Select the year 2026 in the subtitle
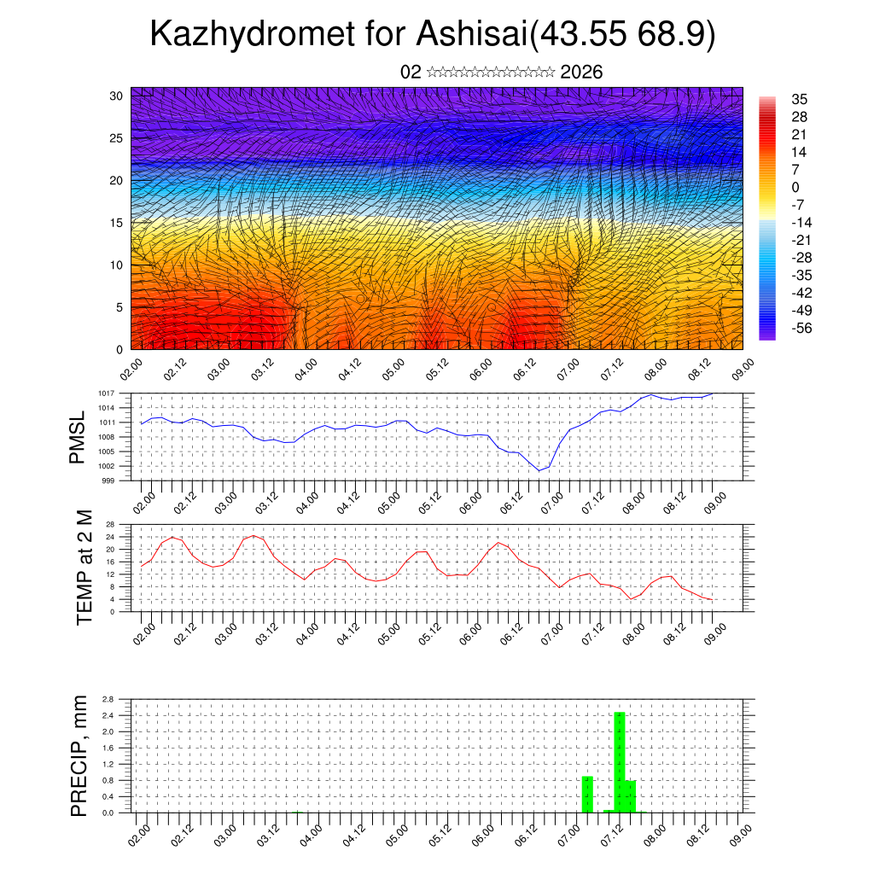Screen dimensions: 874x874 click(581, 73)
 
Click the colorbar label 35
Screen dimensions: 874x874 click(800, 99)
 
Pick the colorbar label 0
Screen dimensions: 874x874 click(795, 187)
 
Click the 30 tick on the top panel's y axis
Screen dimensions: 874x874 click(117, 96)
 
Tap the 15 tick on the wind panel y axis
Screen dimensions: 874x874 click(117, 223)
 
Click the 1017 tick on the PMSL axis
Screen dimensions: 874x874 click(106, 393)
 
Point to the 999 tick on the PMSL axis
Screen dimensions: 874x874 click(108, 481)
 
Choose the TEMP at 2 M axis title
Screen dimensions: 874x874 click(84, 567)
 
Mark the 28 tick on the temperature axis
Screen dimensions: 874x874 click(110, 524)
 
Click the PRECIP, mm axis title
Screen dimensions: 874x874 click(79, 755)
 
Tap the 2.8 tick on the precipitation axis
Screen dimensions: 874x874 click(108, 699)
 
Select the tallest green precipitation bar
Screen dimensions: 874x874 click(620, 761)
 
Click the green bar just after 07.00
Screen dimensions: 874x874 click(587, 794)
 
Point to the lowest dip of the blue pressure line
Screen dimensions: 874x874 click(539, 470)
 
